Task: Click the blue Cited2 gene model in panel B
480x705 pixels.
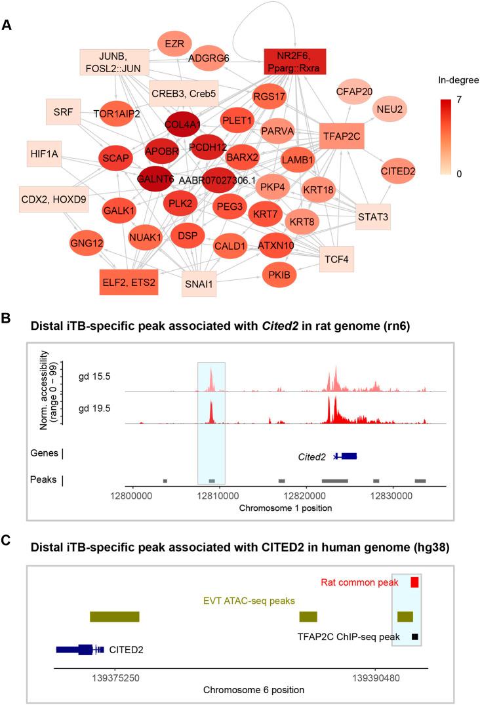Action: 346,456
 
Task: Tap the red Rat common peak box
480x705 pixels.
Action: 414,582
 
